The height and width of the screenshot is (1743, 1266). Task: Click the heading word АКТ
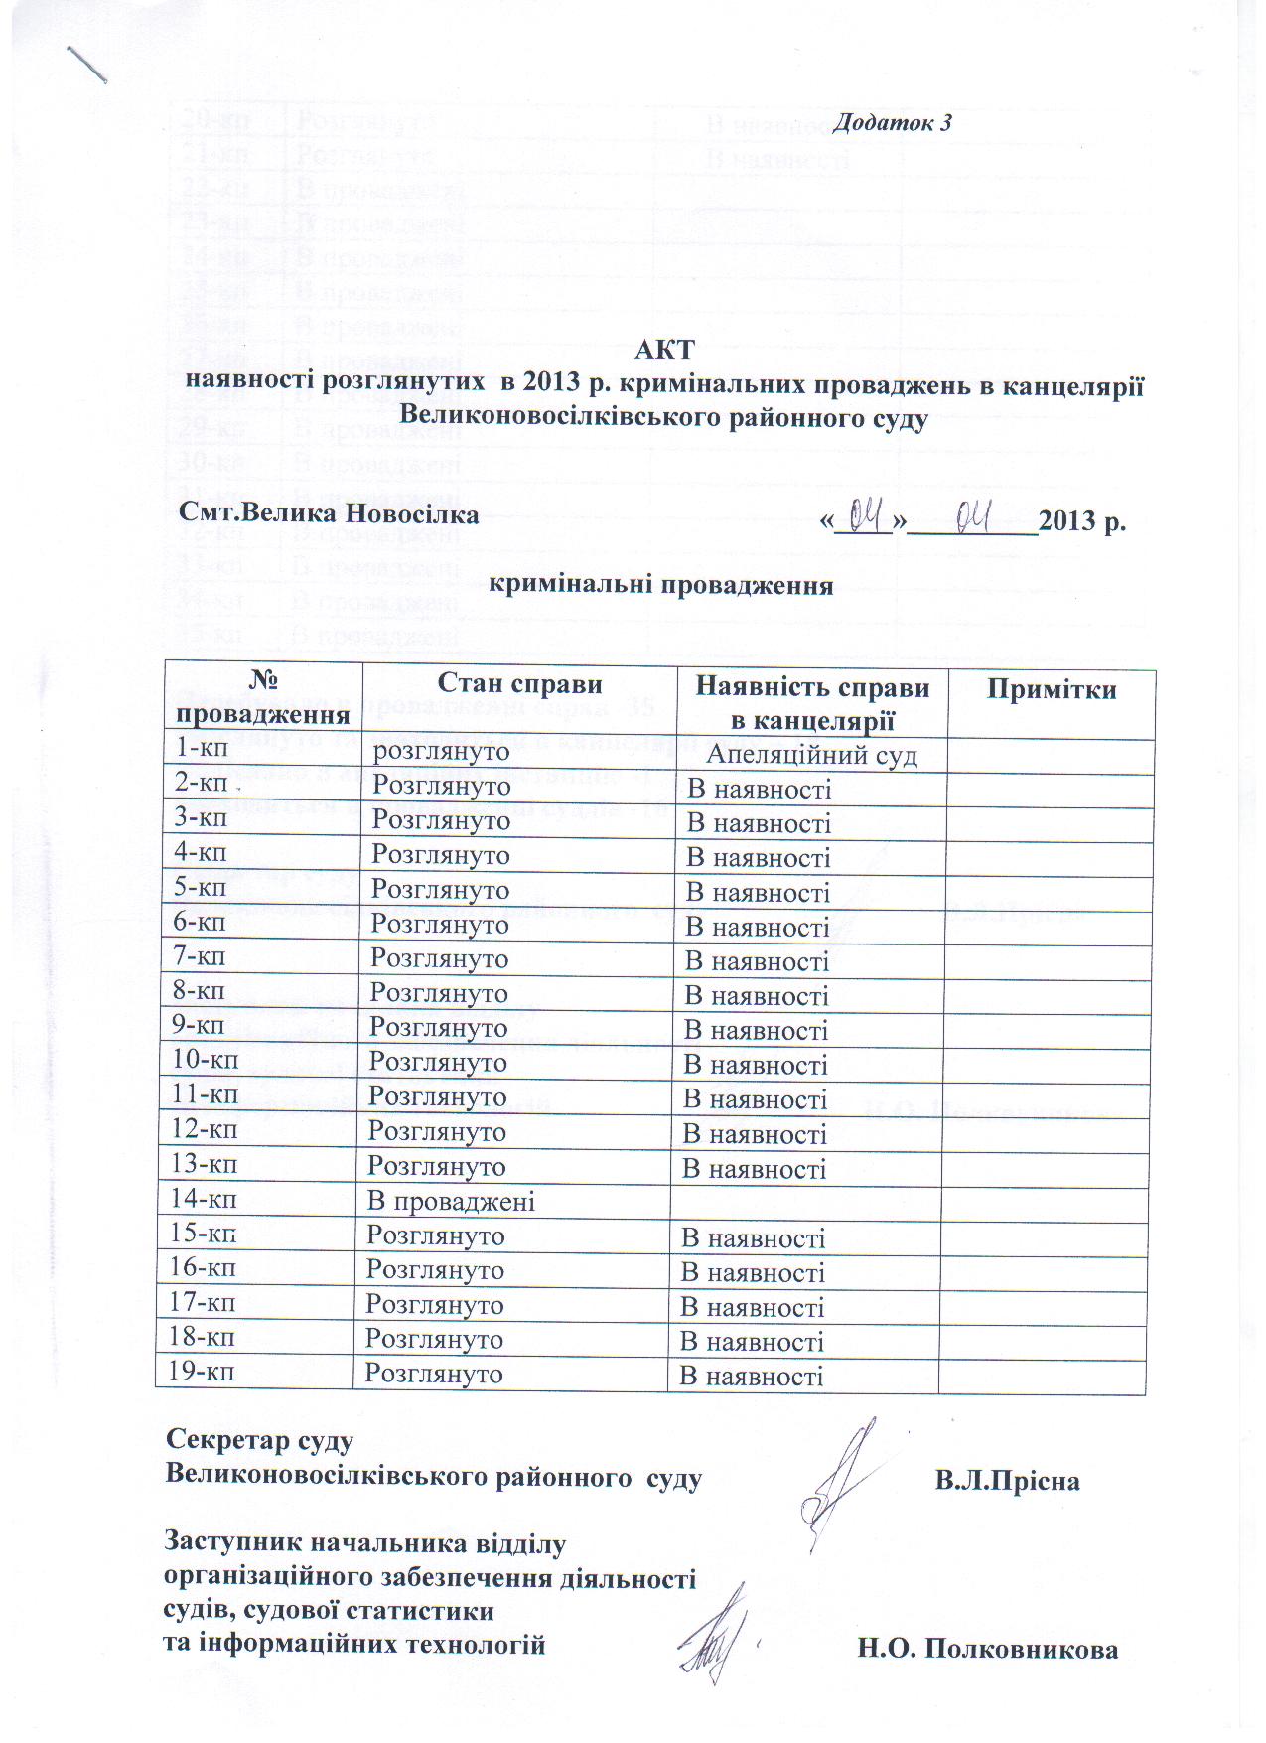click(x=664, y=350)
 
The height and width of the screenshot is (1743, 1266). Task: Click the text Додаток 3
click(x=892, y=123)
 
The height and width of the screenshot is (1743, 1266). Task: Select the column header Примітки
click(x=1051, y=691)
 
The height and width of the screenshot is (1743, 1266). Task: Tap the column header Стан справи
click(x=519, y=684)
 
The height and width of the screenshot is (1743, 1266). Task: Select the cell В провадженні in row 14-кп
click(x=451, y=1201)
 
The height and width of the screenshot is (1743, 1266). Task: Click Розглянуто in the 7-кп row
click(x=439, y=958)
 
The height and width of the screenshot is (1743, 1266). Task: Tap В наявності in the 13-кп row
click(x=755, y=1169)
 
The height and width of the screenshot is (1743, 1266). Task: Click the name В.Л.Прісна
click(x=1007, y=1481)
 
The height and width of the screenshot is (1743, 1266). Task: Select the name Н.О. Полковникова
click(x=988, y=1649)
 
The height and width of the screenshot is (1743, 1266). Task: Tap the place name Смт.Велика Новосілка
click(x=329, y=514)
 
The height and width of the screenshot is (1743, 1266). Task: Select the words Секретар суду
click(x=259, y=1439)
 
